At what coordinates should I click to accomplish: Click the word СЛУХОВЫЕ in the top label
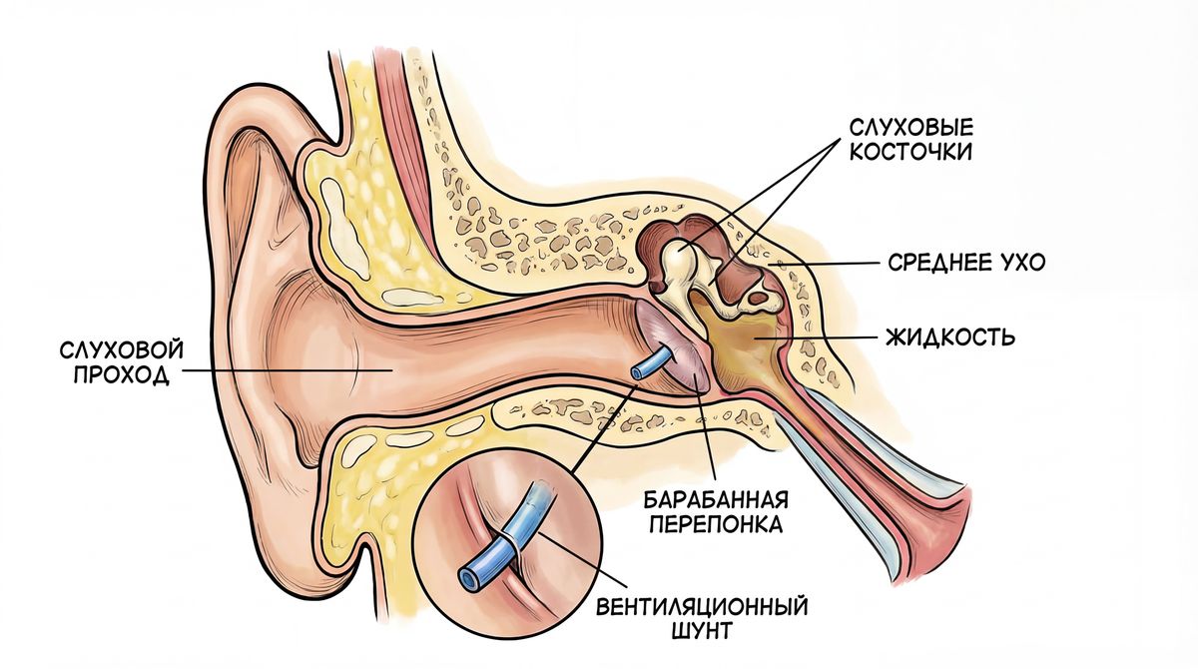click(910, 129)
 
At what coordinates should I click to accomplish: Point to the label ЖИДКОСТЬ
click(949, 337)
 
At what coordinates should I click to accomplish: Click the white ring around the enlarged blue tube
click(510, 544)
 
